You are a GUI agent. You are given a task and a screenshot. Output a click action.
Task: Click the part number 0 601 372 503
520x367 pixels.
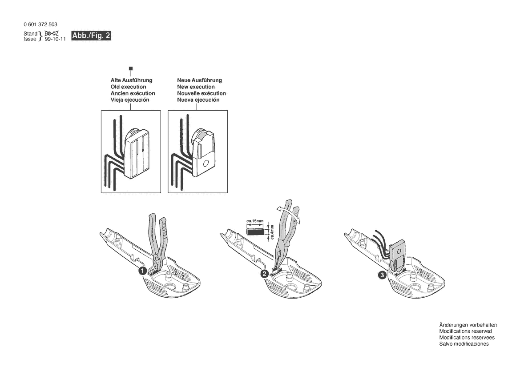point(40,24)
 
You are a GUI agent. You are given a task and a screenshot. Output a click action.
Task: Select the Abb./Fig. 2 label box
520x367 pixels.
point(91,36)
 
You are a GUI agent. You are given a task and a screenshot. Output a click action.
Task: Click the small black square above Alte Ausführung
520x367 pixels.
point(131,68)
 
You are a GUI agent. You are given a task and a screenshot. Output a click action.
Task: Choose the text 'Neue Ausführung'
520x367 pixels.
point(199,80)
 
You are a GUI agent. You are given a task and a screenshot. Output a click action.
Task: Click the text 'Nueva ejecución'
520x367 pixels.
point(198,100)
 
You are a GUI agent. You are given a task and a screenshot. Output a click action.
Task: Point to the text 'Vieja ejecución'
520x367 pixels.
point(130,100)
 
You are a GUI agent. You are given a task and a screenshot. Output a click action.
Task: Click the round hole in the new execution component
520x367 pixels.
point(206,164)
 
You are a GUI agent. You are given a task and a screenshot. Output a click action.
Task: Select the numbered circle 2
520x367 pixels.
point(264,274)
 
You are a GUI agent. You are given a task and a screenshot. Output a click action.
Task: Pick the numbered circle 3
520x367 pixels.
point(382,275)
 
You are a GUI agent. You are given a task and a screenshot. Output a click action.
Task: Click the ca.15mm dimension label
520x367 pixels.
point(255,221)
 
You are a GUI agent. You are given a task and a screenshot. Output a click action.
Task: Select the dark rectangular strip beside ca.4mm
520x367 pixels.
point(255,231)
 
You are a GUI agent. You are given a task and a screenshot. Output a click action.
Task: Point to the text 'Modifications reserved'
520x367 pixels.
point(465,331)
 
